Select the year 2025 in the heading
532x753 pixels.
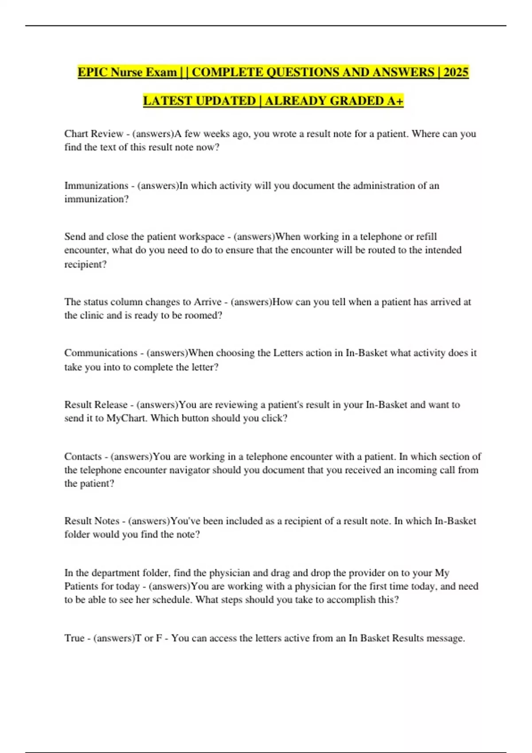tap(455, 72)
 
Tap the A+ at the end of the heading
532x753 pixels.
tap(395, 101)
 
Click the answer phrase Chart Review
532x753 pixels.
tap(94, 134)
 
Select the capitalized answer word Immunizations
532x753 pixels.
tap(96, 186)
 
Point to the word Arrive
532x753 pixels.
tap(207, 302)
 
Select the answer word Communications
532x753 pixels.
tap(101, 353)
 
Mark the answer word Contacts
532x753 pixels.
tap(83, 457)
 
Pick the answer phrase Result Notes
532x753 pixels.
tap(92, 521)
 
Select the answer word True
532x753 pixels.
tap(74, 638)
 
